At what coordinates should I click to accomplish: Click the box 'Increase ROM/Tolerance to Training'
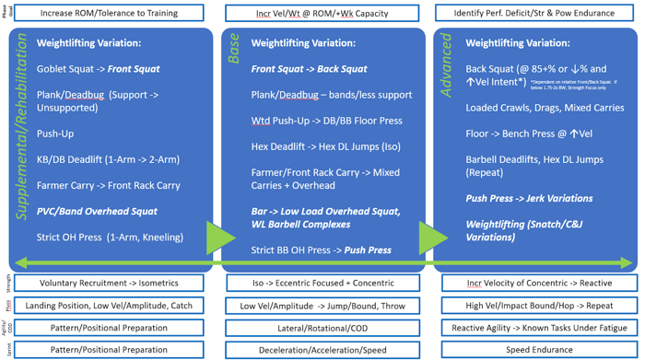110,13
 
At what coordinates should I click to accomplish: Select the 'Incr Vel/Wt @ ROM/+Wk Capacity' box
322,13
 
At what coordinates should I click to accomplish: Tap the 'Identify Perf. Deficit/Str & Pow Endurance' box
537,13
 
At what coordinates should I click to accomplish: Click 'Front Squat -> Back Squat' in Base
309,69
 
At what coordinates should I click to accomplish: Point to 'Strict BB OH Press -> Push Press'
321,250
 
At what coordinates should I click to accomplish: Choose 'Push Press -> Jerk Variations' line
529,198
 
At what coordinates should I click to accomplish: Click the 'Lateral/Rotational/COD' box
322,328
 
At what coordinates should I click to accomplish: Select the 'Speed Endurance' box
537,350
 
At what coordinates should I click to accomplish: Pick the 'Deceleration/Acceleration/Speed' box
322,350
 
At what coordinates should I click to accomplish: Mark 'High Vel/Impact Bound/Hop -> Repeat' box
537,306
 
